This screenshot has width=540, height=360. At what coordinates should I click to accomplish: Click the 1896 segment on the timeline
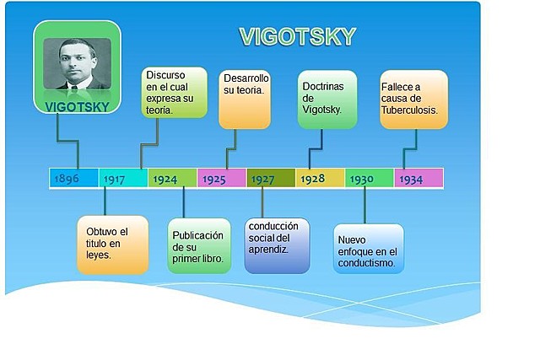pyautogui.click(x=73, y=178)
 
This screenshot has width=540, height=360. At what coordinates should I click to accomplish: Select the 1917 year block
pyautogui.click(x=123, y=178)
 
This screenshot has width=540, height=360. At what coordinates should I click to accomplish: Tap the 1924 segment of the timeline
pyautogui.click(x=172, y=178)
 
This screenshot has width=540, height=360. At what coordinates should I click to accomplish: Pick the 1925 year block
pyautogui.click(x=221, y=178)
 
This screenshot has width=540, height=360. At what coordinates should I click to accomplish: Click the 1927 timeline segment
pyautogui.click(x=270, y=178)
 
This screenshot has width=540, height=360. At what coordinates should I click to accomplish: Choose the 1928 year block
pyautogui.click(x=320, y=178)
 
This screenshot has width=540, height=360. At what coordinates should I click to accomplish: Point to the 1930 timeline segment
pyautogui.click(x=369, y=178)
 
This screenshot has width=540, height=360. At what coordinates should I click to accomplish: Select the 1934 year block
pyautogui.click(x=418, y=178)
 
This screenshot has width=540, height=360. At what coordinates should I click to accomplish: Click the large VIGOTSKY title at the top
pyautogui.click(x=297, y=37)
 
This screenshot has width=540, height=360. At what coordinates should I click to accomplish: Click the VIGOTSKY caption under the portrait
pyautogui.click(x=77, y=107)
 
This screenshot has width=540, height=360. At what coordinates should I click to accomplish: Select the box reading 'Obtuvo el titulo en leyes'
pyautogui.click(x=112, y=244)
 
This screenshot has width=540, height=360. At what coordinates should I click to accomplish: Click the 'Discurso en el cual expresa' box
pyautogui.click(x=174, y=92)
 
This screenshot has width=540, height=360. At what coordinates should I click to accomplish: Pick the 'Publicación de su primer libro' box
pyautogui.click(x=199, y=246)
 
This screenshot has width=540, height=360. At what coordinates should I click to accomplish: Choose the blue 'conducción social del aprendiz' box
pyautogui.click(x=277, y=245)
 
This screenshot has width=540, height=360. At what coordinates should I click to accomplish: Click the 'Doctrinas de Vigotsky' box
pyautogui.click(x=327, y=99)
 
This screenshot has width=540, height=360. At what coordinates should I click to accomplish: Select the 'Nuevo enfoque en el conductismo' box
pyautogui.click(x=369, y=249)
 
